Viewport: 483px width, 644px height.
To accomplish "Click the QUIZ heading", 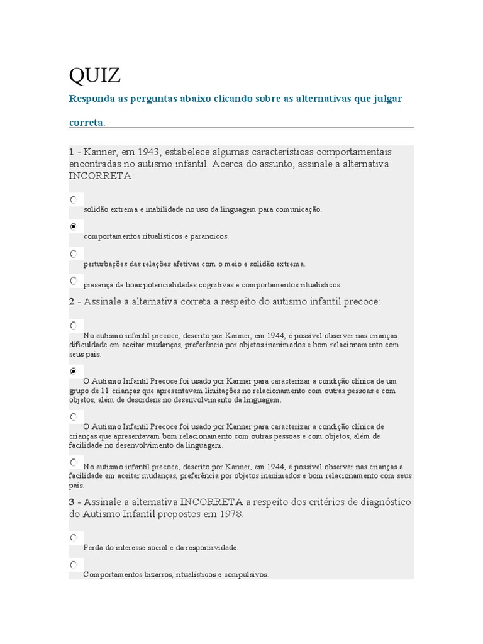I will coord(94,75).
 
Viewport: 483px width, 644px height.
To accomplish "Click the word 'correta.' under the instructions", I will coord(87,123).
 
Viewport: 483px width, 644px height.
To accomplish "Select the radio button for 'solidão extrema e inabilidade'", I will coord(74,199).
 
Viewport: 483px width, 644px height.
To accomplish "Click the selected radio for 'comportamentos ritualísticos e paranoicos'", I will coord(74,226).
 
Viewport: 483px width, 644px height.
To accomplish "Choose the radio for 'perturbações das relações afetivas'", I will coord(74,253).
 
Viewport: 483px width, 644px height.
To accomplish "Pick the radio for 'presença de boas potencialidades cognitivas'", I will coord(74,280).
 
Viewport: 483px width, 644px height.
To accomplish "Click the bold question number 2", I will coord(72,302).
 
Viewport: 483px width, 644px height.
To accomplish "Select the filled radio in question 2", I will coord(74,371).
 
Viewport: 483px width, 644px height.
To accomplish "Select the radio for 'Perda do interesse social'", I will coord(74,538).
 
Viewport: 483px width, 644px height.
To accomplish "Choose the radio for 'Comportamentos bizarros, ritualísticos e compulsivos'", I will coord(74,565).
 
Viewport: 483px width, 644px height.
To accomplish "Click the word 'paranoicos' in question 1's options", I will coord(209,236).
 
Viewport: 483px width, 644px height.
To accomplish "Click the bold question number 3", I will coord(72,502).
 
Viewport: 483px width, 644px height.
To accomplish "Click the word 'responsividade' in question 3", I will coord(211,548).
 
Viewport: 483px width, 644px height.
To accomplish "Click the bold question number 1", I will coord(71,152).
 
